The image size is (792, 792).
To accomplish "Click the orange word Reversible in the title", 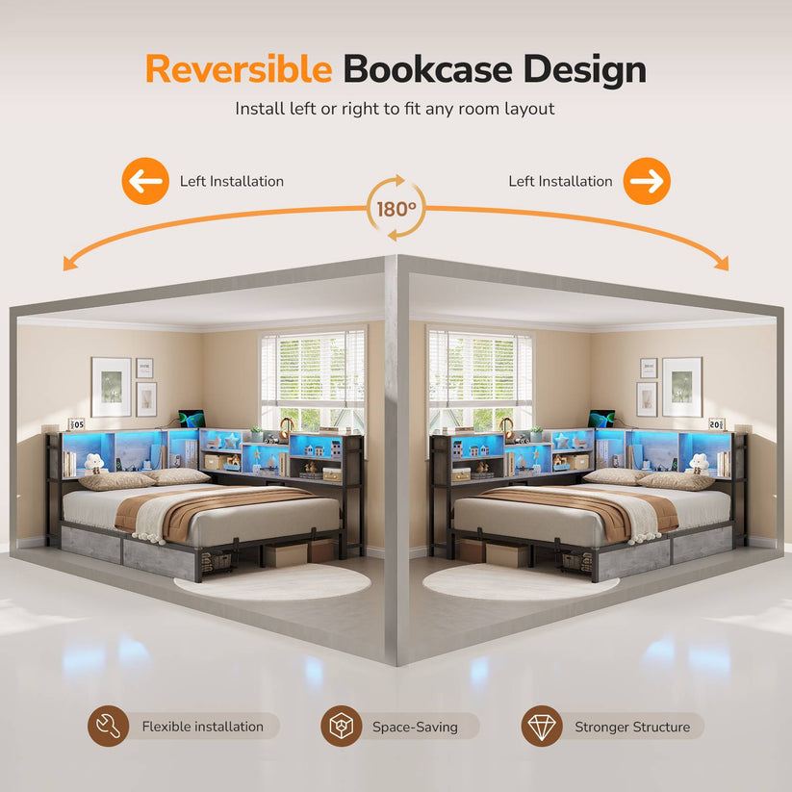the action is (x=239, y=69).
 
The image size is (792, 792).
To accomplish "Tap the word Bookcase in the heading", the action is (x=428, y=69).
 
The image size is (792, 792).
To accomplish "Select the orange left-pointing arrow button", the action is (x=145, y=181).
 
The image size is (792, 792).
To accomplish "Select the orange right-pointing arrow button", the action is (x=647, y=181).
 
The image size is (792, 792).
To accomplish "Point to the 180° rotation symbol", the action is (x=396, y=208).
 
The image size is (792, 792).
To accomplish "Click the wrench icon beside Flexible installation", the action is (x=108, y=726).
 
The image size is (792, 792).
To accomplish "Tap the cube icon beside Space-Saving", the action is (x=342, y=726).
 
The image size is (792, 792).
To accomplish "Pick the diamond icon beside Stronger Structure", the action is (x=542, y=726).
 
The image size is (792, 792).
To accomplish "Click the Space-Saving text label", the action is (x=415, y=727).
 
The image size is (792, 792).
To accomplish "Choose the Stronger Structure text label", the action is (x=632, y=727).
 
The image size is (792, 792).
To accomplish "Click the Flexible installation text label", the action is (x=202, y=727).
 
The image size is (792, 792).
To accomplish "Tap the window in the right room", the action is (x=480, y=380).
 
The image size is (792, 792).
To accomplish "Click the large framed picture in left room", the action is (x=111, y=387).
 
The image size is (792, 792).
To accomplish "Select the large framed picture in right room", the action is (x=682, y=387).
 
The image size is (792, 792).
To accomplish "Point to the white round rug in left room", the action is (x=272, y=582).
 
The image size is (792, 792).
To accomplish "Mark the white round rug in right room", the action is (x=521, y=582).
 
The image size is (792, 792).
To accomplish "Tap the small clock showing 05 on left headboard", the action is (x=76, y=424).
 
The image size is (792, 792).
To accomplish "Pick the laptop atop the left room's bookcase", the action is (x=192, y=419).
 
